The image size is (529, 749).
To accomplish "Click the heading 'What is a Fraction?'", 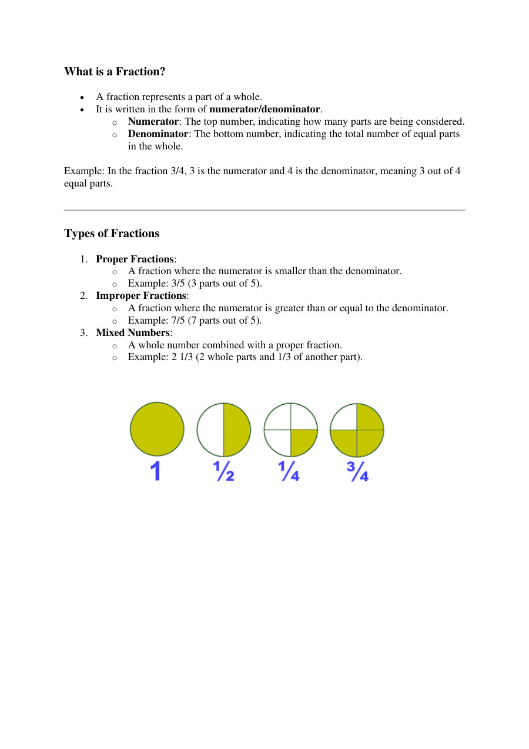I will click(115, 72).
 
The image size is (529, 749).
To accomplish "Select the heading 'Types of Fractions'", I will click(112, 234).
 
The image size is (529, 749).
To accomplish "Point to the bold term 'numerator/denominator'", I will click(264, 109).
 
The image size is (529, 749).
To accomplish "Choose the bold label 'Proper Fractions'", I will click(135, 259).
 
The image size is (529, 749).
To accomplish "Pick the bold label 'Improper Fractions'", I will click(141, 296).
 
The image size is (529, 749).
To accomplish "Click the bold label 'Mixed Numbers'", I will click(133, 332).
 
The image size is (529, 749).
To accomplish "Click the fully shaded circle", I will click(157, 429).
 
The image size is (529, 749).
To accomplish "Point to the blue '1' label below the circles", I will click(156, 471).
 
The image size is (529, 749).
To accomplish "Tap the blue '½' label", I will click(223, 471).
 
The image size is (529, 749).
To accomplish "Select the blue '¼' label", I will click(290, 471).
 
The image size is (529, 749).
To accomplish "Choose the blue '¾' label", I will click(357, 471).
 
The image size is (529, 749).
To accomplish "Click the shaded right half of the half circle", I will click(236, 430).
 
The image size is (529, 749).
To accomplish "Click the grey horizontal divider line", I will click(264, 210).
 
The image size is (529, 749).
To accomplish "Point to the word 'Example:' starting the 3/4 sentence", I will click(83, 171).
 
